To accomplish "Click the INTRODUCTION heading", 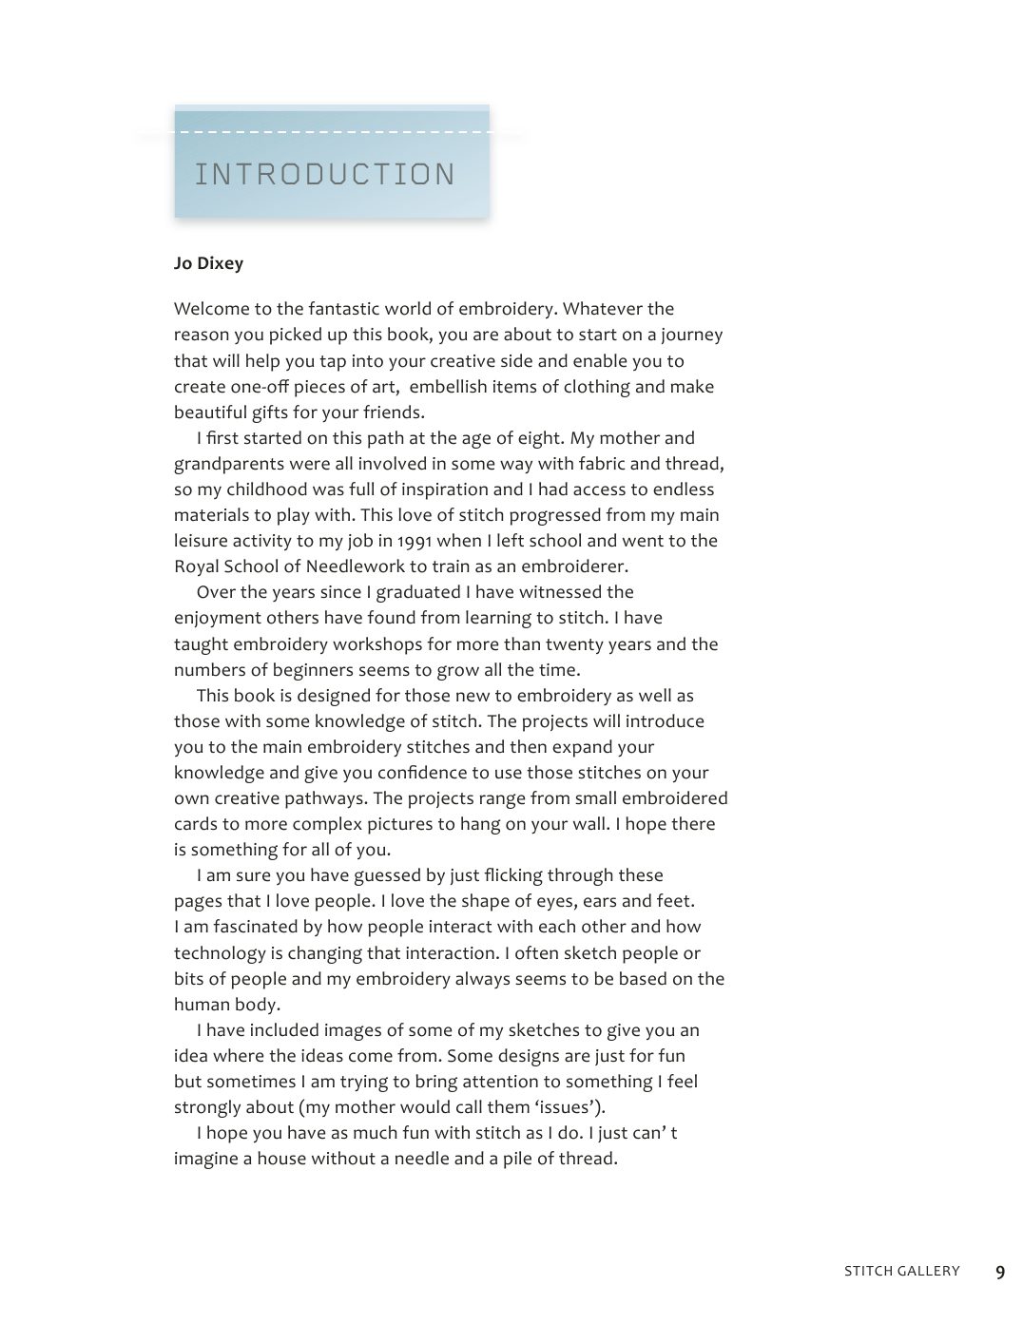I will (325, 175).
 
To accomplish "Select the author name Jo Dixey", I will (208, 263).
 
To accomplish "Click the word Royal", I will (197, 566).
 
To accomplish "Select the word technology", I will (221, 953).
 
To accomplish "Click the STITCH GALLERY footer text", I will (901, 1272).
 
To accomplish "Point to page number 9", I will (1000, 1273).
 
